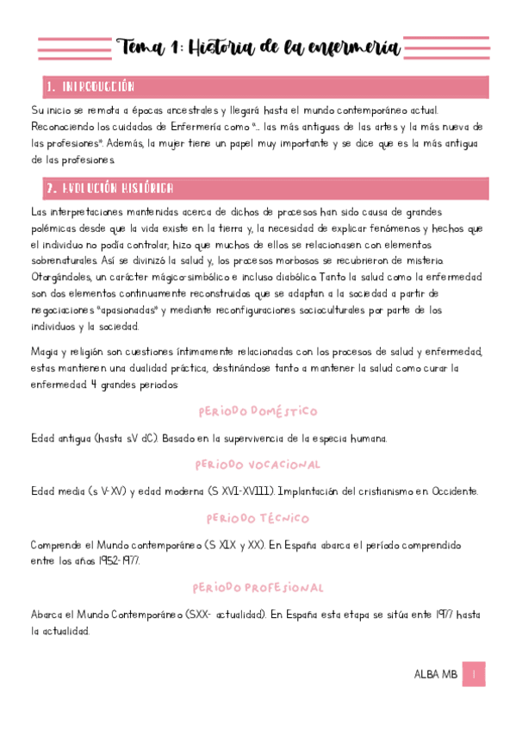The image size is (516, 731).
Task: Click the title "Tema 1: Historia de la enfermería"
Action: point(258,47)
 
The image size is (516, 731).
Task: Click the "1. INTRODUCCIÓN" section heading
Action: point(90,87)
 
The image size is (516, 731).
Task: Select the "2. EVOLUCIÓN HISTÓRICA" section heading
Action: point(109,188)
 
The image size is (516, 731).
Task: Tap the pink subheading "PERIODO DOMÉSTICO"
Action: point(258,411)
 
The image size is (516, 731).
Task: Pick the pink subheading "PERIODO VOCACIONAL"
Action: point(258,465)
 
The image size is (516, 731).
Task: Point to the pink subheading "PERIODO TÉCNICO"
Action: point(258,519)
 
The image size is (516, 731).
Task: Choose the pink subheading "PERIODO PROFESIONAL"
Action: point(258,588)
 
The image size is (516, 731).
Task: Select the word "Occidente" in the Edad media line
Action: point(448,491)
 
